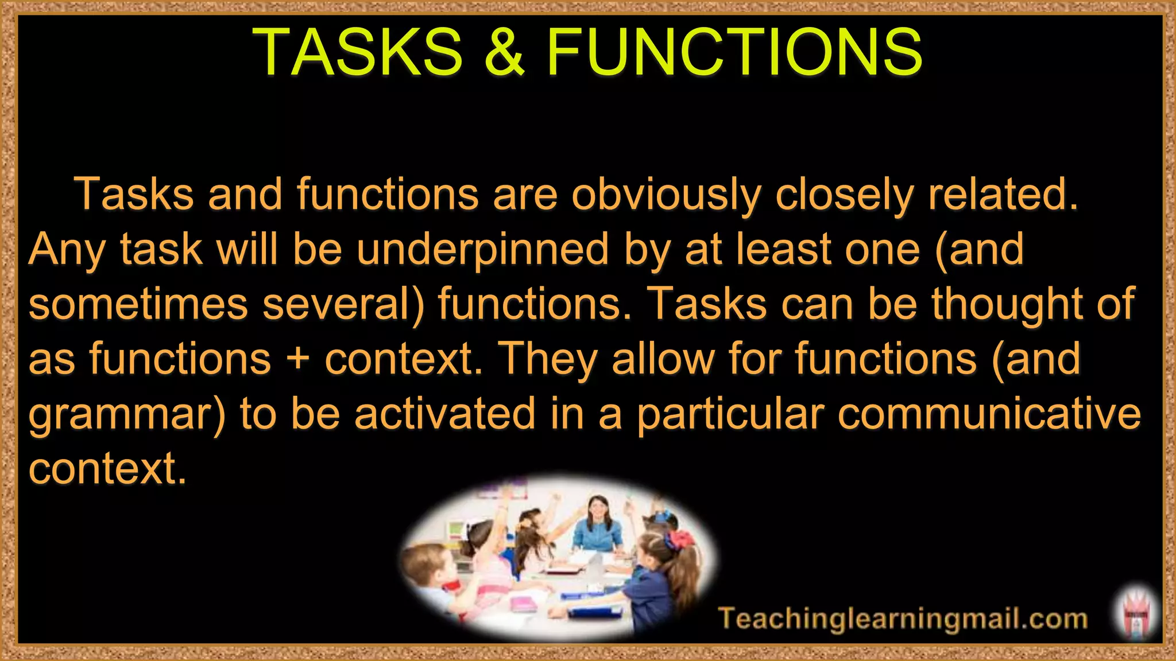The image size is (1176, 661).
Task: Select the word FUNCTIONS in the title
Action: (x=734, y=52)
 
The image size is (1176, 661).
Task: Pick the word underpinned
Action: (x=482, y=250)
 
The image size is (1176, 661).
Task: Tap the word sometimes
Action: (x=138, y=304)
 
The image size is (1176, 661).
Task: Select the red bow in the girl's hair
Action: (x=681, y=539)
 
